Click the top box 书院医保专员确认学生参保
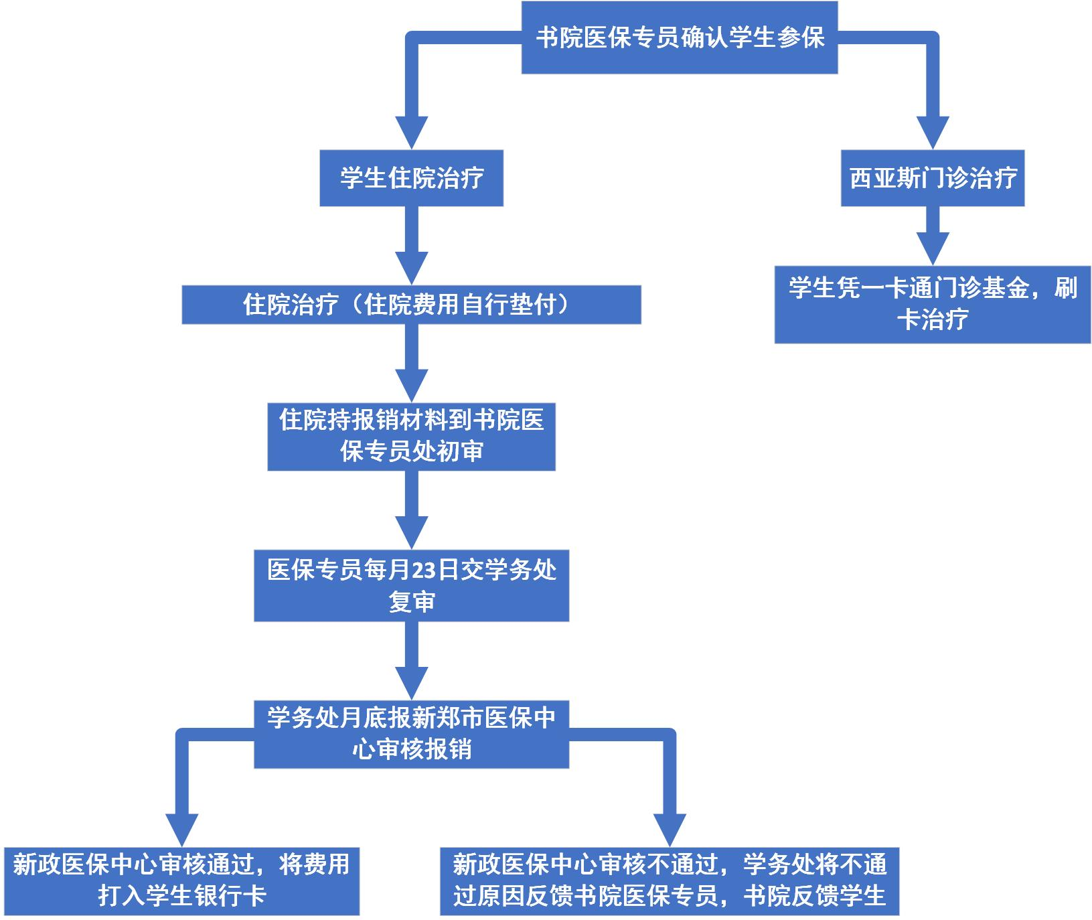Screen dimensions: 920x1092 click(x=679, y=37)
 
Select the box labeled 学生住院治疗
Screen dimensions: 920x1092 click(x=411, y=178)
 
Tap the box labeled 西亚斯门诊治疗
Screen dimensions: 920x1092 click(x=933, y=178)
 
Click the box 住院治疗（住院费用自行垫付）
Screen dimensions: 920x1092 click(x=411, y=305)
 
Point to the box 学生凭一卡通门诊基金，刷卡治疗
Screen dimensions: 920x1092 click(x=933, y=304)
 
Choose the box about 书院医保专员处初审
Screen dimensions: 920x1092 click(x=411, y=436)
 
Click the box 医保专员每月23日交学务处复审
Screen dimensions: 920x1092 click(x=411, y=585)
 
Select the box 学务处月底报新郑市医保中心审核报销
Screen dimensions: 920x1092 click(x=411, y=734)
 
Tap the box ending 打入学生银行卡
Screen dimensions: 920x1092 click(x=181, y=880)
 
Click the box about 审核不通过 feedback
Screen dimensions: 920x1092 click(x=669, y=880)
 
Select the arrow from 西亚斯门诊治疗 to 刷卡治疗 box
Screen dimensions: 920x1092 click(x=933, y=236)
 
